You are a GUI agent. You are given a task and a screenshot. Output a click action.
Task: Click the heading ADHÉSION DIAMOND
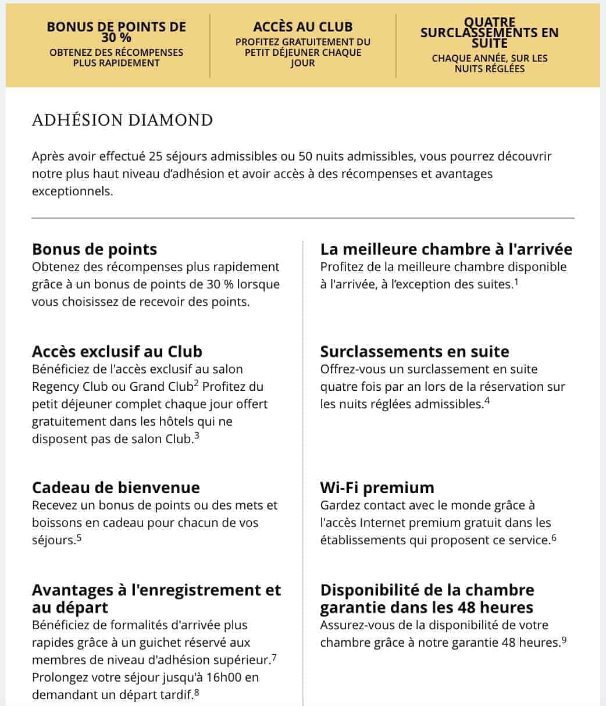pyautogui.click(x=123, y=120)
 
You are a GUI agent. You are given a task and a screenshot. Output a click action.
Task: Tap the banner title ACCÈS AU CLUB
pyautogui.click(x=302, y=27)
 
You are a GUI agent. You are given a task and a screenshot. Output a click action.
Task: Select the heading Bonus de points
pyautogui.click(x=95, y=249)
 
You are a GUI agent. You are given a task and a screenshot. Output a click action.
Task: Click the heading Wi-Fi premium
pyautogui.click(x=377, y=487)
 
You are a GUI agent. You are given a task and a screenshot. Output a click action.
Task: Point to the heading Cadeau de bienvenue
pyautogui.click(x=116, y=487)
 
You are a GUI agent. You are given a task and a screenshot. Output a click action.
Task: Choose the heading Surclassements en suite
pyautogui.click(x=415, y=351)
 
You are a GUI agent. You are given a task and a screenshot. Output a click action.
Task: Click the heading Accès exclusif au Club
pyautogui.click(x=117, y=351)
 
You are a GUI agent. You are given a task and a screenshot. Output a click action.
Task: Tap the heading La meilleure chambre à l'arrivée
pyautogui.click(x=446, y=249)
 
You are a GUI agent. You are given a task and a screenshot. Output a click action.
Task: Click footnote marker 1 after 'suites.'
pyautogui.click(x=516, y=282)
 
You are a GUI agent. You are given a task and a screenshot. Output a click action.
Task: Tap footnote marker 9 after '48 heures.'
pyautogui.click(x=564, y=640)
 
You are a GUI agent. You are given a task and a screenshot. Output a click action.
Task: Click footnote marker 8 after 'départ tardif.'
pyautogui.click(x=197, y=693)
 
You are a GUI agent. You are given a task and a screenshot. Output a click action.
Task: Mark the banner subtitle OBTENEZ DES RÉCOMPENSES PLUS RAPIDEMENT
pyautogui.click(x=116, y=57)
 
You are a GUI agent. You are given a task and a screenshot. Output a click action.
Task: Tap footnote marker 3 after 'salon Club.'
pyautogui.click(x=197, y=436)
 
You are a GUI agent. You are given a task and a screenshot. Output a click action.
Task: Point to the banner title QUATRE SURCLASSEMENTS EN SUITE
pyautogui.click(x=489, y=32)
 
